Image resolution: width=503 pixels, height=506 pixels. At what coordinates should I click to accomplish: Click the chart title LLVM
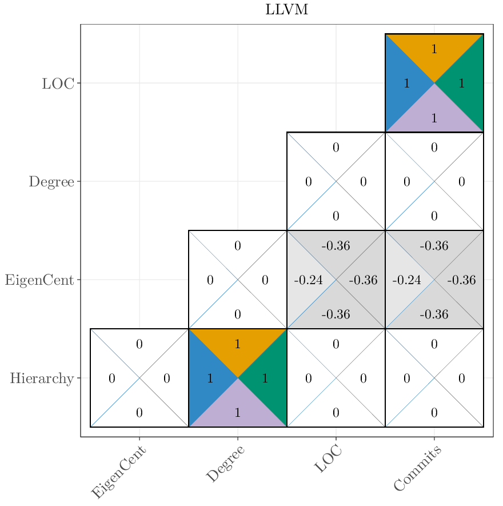pyautogui.click(x=287, y=10)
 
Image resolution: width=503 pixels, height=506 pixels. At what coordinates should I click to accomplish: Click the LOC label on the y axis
pyautogui.click(x=58, y=83)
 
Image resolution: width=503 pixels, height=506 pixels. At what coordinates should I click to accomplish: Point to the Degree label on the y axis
pyautogui.click(x=51, y=182)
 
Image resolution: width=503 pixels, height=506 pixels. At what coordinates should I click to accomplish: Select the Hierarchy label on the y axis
pyautogui.click(x=42, y=378)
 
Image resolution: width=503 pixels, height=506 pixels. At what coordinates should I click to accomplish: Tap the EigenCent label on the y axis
pyautogui.click(x=39, y=280)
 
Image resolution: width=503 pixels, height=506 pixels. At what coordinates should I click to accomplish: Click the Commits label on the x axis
pyautogui.click(x=418, y=469)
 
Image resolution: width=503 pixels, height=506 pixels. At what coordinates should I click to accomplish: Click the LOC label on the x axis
pyautogui.click(x=328, y=460)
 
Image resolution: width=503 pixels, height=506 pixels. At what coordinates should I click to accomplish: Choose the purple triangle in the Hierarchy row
pyautogui.click(x=238, y=410)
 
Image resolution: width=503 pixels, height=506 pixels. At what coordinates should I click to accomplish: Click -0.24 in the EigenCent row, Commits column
pyautogui.click(x=407, y=281)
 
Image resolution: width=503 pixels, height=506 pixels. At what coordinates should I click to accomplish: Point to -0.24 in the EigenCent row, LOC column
pyautogui.click(x=309, y=281)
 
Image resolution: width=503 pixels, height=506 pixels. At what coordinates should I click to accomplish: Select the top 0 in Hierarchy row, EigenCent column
pyautogui.click(x=139, y=344)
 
